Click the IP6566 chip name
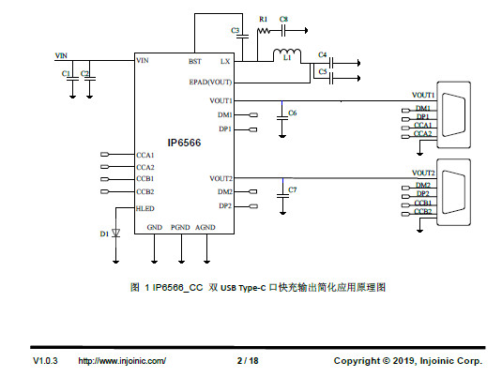pos(184,143)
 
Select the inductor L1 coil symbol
pos(287,53)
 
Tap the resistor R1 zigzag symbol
pos(264,31)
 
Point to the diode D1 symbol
pos(116,233)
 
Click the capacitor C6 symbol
pos(282,118)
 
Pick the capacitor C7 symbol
pos(282,195)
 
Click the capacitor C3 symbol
pos(243,36)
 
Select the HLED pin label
pos(145,208)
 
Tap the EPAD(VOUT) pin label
pos(210,83)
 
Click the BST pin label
pos(194,61)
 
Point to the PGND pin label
pos(180,227)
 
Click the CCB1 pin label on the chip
pos(145,178)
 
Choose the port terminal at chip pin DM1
pos(253,115)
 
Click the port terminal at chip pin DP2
pos(253,206)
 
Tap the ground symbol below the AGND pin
pos(206,262)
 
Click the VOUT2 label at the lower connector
pos(423,173)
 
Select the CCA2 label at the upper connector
pos(422,133)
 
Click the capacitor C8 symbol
pos(283,31)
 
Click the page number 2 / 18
pos(248,361)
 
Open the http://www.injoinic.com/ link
pos(122,361)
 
